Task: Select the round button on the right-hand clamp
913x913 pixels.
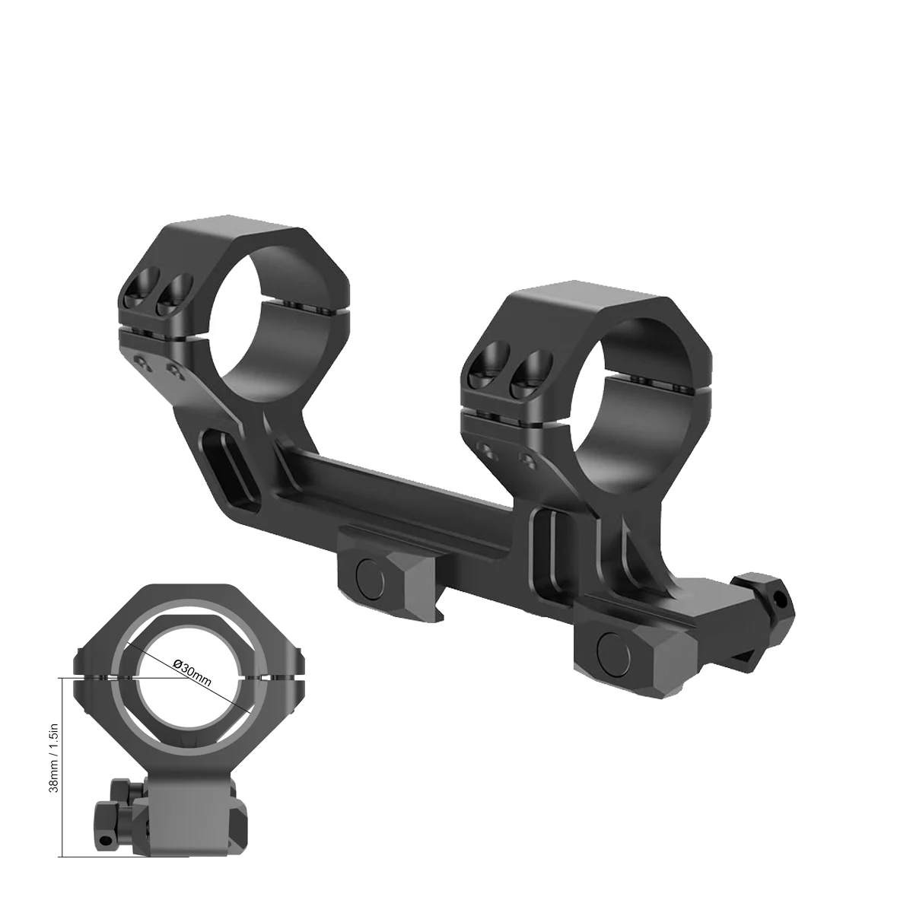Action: click(612, 647)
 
